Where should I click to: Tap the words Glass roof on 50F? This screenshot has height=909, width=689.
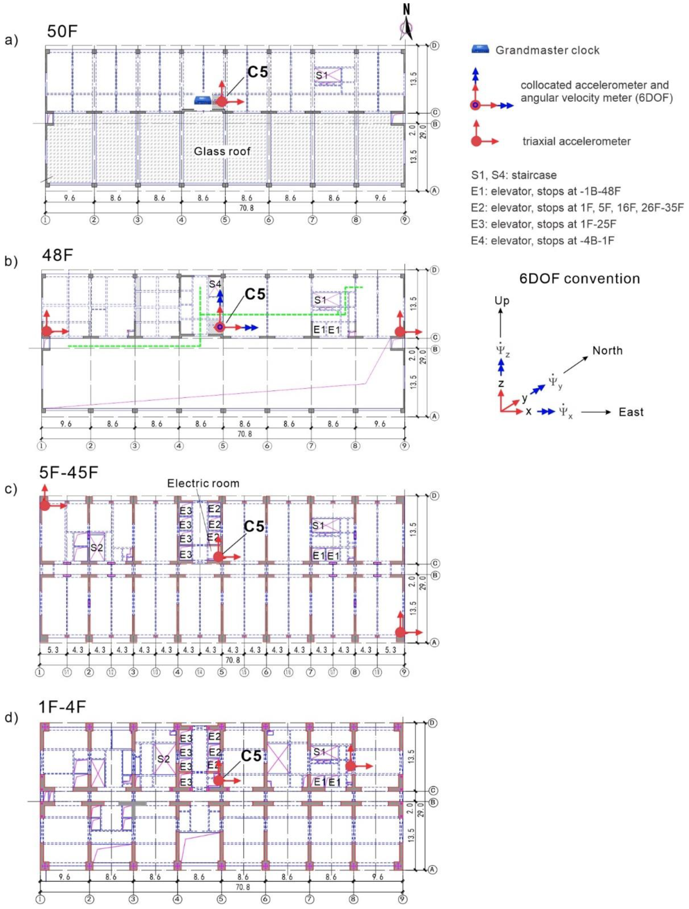222,151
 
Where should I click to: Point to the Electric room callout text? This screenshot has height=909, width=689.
203,483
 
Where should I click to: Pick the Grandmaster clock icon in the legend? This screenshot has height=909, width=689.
480,50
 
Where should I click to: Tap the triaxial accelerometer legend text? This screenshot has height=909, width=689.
576,142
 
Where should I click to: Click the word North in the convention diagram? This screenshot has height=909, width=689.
607,351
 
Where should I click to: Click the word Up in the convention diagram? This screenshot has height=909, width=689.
502,301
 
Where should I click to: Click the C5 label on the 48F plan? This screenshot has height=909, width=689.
255,294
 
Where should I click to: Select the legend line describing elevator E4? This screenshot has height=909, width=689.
543,240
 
